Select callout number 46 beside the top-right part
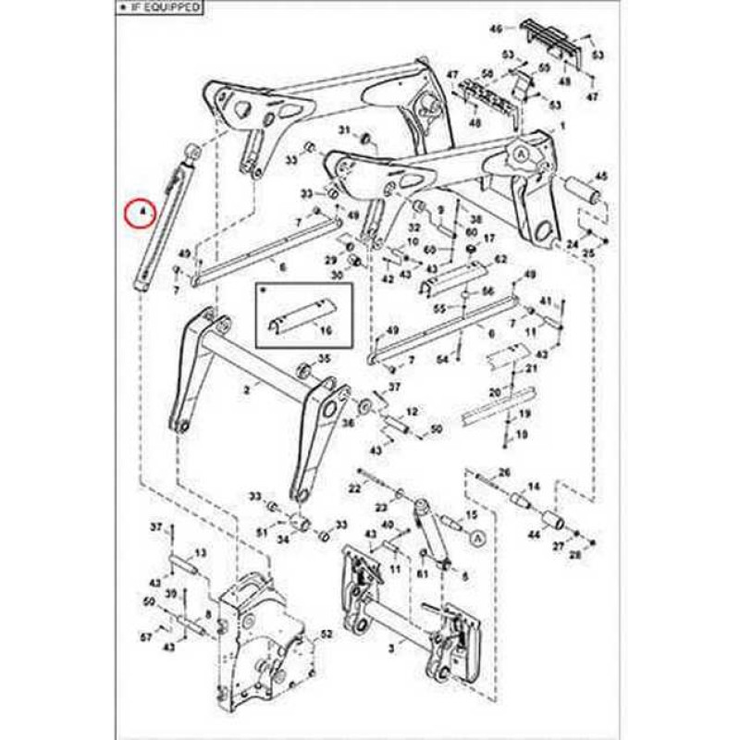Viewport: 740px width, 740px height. [x=496, y=30]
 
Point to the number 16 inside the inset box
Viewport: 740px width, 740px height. [x=325, y=328]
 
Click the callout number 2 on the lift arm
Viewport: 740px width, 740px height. [x=246, y=391]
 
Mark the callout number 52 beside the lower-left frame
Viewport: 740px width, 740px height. [x=325, y=634]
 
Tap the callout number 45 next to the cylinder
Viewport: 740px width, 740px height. [x=598, y=176]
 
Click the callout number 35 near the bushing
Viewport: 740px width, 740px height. [x=324, y=358]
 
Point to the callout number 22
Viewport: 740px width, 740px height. [x=354, y=487]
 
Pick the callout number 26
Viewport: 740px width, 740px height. [x=504, y=473]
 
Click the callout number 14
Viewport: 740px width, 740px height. [x=533, y=487]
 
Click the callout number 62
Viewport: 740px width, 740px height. [x=501, y=263]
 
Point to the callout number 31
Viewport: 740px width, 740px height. [x=342, y=129]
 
